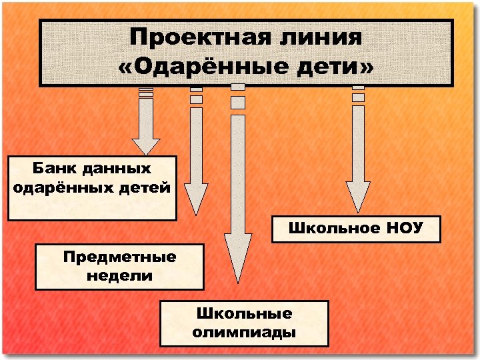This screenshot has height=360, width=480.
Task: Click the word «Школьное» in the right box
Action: point(329,228)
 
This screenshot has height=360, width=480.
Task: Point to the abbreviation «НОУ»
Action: point(404,228)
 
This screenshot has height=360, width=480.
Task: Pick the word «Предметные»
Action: point(119,257)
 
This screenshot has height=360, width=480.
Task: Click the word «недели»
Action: point(119,275)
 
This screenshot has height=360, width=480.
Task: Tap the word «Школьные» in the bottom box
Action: point(244,313)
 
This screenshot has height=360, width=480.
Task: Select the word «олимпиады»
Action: point(244,331)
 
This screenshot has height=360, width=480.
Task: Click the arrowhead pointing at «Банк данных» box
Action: point(146,145)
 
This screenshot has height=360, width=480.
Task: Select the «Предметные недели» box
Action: point(119,267)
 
